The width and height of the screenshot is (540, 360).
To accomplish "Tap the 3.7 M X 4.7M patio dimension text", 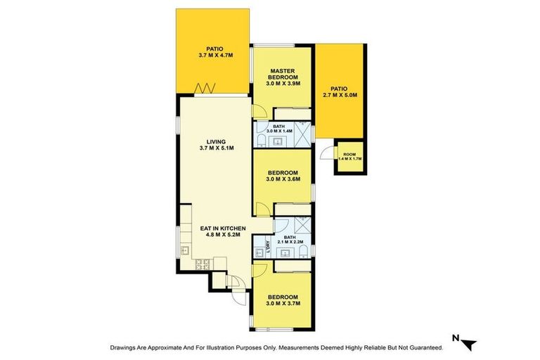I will pyautogui.click(x=213, y=55).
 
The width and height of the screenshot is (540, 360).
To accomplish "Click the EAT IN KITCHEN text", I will pyautogui.click(x=222, y=229).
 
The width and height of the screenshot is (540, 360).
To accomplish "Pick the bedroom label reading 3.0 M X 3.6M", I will pyautogui.click(x=283, y=179).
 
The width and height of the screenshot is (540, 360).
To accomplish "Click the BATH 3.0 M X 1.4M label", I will pyautogui.click(x=279, y=129).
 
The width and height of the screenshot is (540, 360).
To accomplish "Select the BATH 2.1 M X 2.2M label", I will pyautogui.click(x=289, y=240).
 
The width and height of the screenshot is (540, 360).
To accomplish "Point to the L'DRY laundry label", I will pyautogui.click(x=268, y=247).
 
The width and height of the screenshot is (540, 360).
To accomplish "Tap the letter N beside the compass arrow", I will pyautogui.click(x=455, y=339).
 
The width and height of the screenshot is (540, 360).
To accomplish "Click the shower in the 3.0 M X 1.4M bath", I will pyautogui.click(x=302, y=132).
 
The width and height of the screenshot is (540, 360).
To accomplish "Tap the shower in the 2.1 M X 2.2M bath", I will pyautogui.click(x=300, y=226).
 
